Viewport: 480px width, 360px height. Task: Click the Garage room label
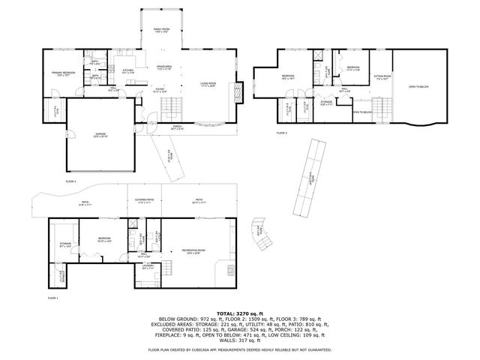tap(100, 136)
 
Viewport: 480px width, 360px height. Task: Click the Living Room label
tap(208, 84)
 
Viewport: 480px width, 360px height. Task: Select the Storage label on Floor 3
tap(326, 102)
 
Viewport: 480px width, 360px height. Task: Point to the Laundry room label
tap(148, 267)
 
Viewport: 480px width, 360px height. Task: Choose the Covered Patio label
tap(145, 201)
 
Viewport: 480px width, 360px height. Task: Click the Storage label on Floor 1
tap(65, 244)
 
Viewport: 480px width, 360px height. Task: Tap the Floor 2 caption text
tap(71, 181)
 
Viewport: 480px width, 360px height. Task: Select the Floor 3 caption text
tap(281, 133)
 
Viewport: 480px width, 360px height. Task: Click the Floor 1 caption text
tap(52, 298)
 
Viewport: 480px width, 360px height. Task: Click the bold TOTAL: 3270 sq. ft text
tap(240, 313)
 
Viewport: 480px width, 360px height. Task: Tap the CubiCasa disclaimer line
tap(240, 349)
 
